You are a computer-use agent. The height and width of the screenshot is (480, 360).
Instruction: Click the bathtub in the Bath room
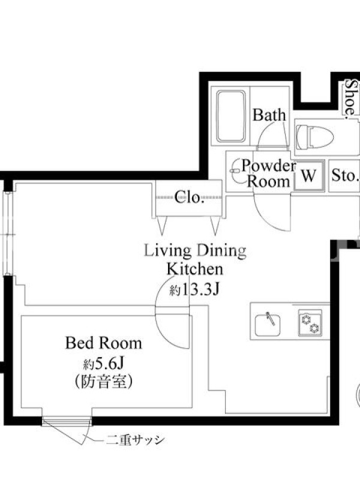231,116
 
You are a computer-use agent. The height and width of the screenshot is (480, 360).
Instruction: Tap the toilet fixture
314,137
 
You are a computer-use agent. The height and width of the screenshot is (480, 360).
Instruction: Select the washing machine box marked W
309,176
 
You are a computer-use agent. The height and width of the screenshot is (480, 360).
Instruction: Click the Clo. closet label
190,197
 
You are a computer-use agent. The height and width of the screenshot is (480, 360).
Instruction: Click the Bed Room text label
103,343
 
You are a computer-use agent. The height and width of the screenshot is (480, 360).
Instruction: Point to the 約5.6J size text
103,364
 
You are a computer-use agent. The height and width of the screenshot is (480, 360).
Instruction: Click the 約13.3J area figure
194,289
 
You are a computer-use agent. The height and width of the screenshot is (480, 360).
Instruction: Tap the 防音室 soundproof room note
103,382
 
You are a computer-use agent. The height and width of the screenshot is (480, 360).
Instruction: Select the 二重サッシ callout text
135,440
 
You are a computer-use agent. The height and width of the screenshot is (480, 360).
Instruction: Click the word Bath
269,115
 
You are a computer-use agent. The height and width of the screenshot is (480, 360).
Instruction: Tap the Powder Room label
268,173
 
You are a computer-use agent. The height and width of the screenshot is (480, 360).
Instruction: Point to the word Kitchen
194,269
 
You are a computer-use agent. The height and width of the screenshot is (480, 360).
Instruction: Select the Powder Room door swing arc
266,219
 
